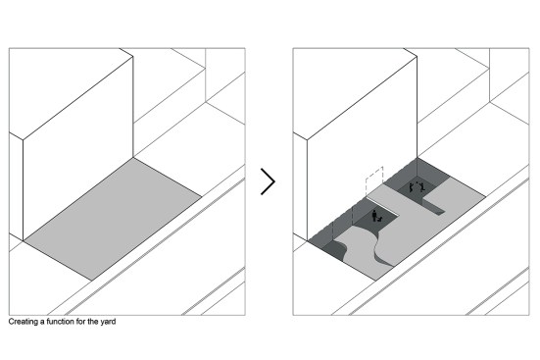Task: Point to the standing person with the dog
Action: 374,216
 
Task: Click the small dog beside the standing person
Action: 380,219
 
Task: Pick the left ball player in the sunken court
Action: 412,188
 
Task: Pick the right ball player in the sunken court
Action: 422,187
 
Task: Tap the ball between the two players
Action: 417,182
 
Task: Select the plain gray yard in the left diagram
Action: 113,219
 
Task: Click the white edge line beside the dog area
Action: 383,207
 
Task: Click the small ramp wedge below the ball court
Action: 434,209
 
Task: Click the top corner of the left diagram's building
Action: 133,57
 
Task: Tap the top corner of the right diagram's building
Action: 417,57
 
